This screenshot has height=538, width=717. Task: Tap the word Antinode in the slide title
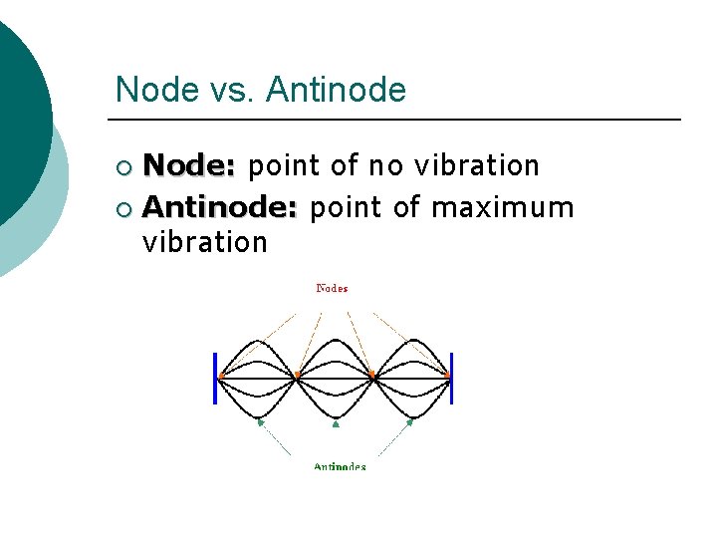[338, 90]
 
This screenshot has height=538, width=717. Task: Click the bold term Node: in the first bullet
[189, 165]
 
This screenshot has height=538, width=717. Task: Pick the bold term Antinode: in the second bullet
[220, 207]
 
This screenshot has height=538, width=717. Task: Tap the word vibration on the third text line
[205, 242]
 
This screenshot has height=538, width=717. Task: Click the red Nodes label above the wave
[332, 289]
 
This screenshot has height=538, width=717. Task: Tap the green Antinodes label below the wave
[340, 466]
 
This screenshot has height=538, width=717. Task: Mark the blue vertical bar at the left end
[215, 379]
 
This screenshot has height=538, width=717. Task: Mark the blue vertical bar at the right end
[452, 379]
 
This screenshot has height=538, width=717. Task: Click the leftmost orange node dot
[220, 377]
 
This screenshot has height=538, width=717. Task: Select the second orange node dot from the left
[296, 377]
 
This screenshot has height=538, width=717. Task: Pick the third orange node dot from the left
[371, 377]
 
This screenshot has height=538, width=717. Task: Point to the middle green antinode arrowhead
[336, 423]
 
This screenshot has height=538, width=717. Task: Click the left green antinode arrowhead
[260, 422]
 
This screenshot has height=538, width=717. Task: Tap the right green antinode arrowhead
[410, 422]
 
